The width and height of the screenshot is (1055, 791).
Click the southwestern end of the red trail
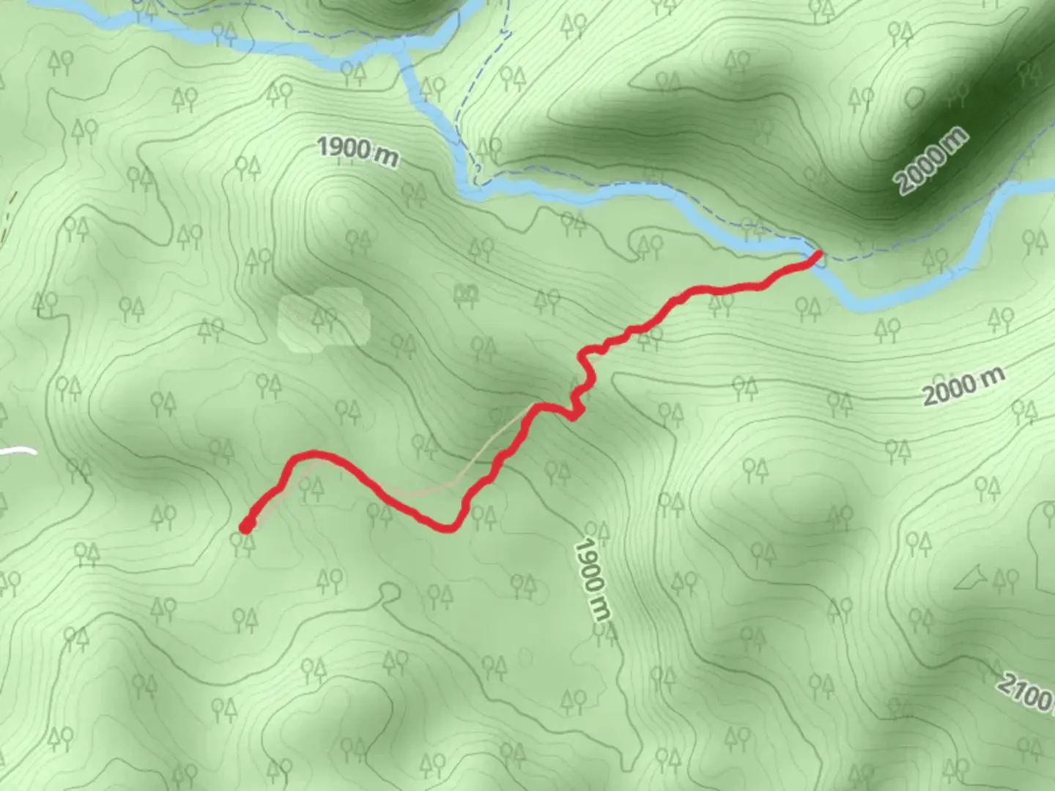[x=247, y=525]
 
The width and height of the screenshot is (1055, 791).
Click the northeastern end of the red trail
[x=818, y=256]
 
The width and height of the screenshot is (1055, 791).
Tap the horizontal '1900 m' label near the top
[x=358, y=151]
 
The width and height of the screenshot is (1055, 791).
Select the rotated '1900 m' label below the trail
[x=592, y=579]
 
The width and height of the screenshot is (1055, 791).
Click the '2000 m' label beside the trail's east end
[x=963, y=387]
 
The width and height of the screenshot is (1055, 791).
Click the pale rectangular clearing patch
[x=323, y=316]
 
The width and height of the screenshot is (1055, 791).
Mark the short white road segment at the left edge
[x=18, y=451]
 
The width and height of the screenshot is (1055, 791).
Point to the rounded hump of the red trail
[x=314, y=455]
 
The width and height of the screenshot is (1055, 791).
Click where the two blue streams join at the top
[x=401, y=50]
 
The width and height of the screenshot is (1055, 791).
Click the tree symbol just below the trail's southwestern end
[x=243, y=543]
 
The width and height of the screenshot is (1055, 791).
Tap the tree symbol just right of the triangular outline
[x=1002, y=581]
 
